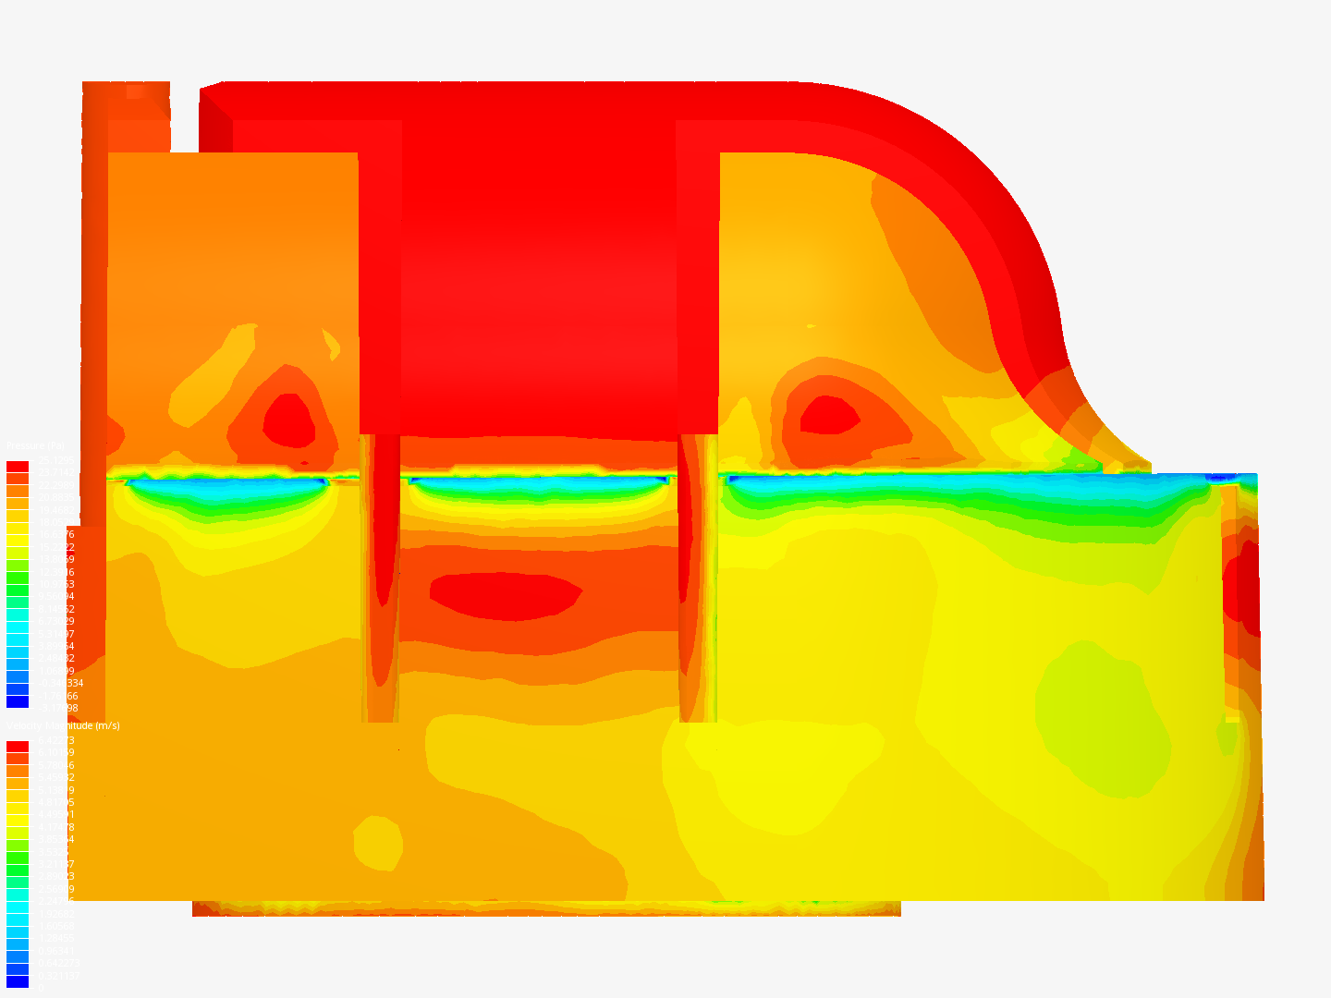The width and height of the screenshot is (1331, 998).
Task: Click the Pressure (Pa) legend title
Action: [35, 446]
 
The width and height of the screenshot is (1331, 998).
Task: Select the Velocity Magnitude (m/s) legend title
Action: [63, 725]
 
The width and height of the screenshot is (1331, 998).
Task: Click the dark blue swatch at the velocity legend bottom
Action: [18, 981]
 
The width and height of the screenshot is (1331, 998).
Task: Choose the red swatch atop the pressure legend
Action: [18, 467]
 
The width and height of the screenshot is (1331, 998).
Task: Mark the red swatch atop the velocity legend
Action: [18, 747]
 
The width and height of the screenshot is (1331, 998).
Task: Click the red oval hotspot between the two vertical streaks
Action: [505, 595]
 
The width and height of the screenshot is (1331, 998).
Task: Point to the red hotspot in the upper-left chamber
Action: [289, 420]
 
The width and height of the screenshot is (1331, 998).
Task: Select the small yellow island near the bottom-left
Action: [377, 842]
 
